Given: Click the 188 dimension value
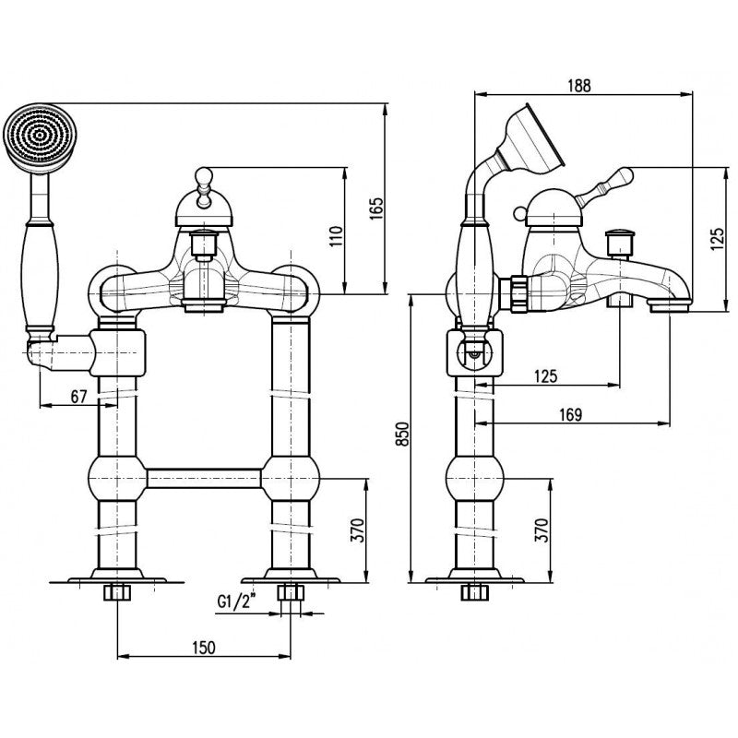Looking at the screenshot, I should click(x=579, y=84).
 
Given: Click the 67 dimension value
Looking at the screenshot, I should click(x=78, y=396).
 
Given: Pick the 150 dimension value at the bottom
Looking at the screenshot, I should click(x=203, y=647).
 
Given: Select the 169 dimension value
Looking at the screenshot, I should click(x=570, y=415).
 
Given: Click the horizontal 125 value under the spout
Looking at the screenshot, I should click(x=546, y=375).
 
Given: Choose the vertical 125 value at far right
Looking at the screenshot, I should click(x=719, y=242).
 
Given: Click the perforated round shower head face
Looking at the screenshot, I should click(x=38, y=137).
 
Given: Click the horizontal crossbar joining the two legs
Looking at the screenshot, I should click(x=205, y=477).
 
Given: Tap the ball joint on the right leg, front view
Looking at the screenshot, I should click(x=292, y=477).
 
